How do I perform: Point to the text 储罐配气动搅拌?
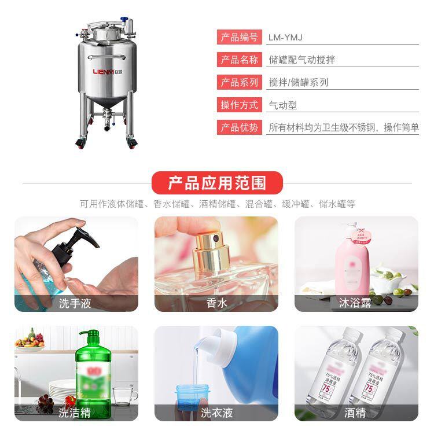(302, 60)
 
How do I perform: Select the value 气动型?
(283, 105)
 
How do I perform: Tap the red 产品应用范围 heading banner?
(217, 183)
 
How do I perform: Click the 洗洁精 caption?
(75, 413)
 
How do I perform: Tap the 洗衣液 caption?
(216, 413)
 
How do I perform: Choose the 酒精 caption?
(355, 413)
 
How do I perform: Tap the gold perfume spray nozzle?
(208, 246)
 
